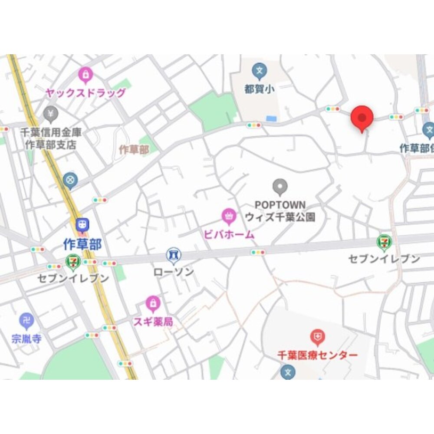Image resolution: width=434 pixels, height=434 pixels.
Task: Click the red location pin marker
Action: (362, 117)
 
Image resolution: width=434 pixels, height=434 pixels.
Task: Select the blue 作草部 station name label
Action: (82, 244)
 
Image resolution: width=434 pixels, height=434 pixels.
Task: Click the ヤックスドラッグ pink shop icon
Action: (85, 76)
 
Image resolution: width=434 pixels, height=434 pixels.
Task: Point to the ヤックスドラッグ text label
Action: (85, 93)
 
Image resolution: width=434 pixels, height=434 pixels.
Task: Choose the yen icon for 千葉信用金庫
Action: (51, 114)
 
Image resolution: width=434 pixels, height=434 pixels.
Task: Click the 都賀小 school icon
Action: (260, 70)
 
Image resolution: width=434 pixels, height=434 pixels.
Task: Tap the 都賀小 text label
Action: (259, 89)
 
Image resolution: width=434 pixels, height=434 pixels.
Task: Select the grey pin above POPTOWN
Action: (280, 187)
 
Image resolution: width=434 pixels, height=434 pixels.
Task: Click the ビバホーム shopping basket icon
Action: (228, 216)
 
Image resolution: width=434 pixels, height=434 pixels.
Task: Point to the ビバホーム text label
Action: (229, 235)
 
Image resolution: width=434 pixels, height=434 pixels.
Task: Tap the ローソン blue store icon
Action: (174, 256)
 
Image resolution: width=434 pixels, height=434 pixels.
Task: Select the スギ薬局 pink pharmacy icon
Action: (153, 304)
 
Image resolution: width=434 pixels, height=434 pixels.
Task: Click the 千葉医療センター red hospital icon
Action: (318, 336)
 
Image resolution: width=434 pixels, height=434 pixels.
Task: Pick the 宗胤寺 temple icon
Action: (27, 321)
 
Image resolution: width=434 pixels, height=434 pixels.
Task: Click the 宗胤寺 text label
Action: (27, 339)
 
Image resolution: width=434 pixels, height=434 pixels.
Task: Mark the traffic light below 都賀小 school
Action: (254, 125)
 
